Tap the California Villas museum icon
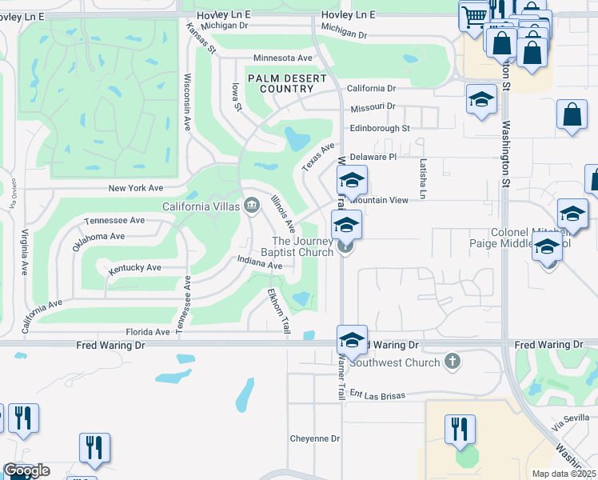tap(251, 206)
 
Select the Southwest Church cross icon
tap(452, 362)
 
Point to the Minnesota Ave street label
tap(282, 58)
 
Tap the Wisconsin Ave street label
tap(187, 102)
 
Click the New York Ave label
tap(136, 188)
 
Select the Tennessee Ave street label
tap(114, 220)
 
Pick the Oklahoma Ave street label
tap(99, 241)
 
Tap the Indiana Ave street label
tap(260, 262)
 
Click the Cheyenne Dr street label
tap(314, 438)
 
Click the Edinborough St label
tap(379, 128)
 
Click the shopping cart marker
tap(473, 14)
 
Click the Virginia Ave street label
tap(25, 251)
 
